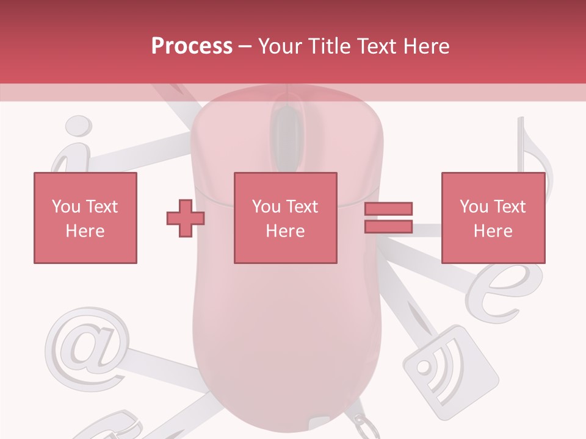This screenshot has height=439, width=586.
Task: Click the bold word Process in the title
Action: point(192,46)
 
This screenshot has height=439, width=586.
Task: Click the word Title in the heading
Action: point(328,46)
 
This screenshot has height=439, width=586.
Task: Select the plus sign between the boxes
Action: point(186,218)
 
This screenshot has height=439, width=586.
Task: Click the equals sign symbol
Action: point(388,218)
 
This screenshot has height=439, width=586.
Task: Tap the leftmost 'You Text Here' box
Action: point(85,218)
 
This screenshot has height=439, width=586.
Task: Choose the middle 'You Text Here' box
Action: point(285,218)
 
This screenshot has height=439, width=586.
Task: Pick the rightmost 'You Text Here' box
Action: point(493,218)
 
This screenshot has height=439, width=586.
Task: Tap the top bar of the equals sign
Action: point(388,209)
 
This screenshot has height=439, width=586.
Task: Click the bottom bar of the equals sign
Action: point(388,226)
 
